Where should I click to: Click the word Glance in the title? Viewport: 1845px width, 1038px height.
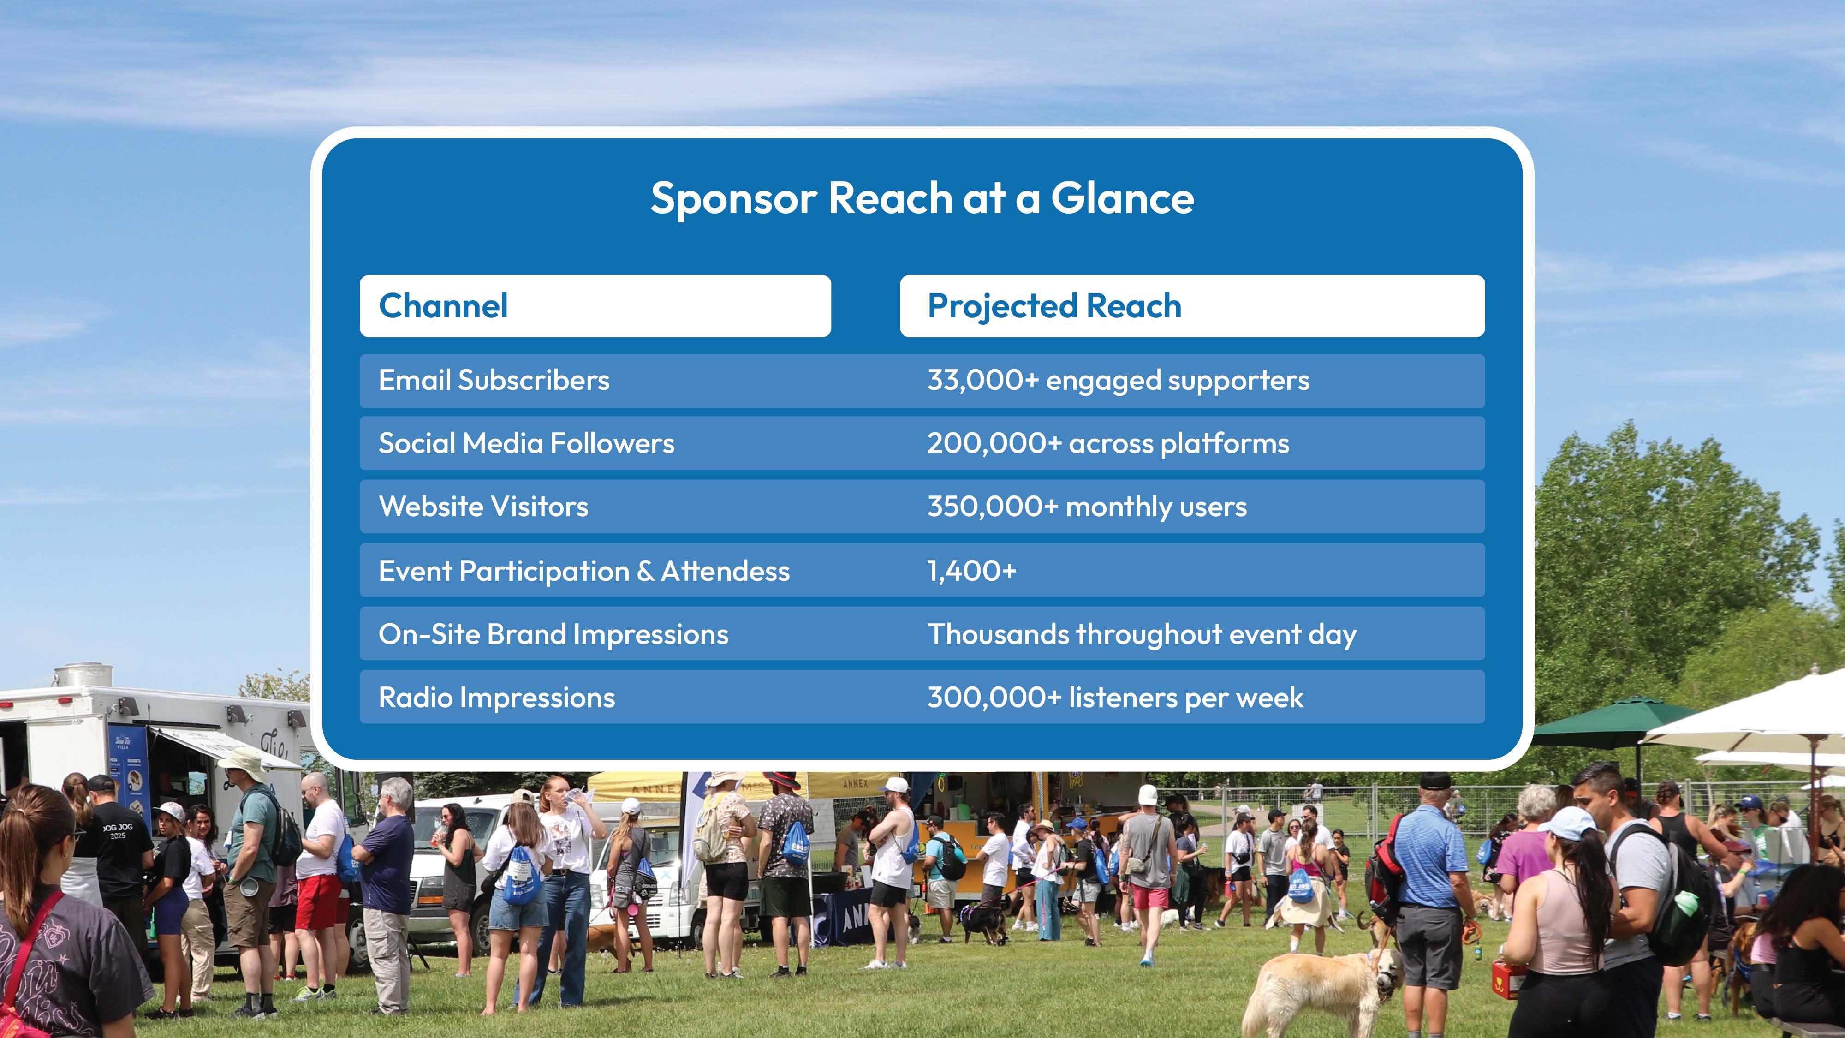tap(1122, 198)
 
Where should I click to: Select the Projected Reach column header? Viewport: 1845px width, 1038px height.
tap(1054, 307)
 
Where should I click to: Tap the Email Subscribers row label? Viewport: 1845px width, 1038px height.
tap(494, 381)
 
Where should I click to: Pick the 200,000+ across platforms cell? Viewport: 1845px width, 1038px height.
tap(1108, 443)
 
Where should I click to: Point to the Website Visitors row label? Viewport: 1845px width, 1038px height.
tap(483, 507)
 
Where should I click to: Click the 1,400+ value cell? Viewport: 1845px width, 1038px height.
tap(972, 571)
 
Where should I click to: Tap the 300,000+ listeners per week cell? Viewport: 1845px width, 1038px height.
tap(1115, 698)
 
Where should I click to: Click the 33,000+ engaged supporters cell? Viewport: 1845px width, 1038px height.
tap(1118, 381)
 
